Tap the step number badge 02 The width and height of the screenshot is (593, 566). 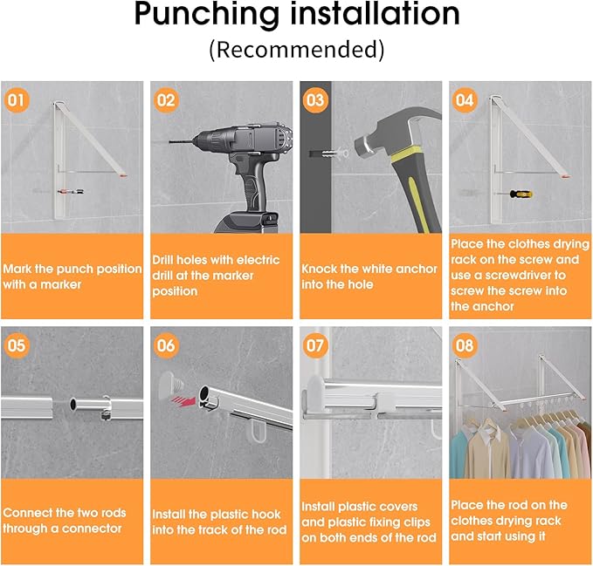click(x=165, y=99)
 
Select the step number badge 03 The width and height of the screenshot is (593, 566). click(x=315, y=99)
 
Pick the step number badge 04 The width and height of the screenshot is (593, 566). click(x=465, y=99)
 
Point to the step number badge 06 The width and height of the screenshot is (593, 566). click(x=165, y=344)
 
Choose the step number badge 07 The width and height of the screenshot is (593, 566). click(x=315, y=344)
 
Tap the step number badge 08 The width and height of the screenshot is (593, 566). click(x=465, y=344)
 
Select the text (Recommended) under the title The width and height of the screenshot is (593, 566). click(x=296, y=49)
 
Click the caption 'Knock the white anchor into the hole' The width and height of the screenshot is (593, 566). click(x=369, y=276)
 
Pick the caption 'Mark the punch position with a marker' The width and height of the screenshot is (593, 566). click(x=72, y=276)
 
